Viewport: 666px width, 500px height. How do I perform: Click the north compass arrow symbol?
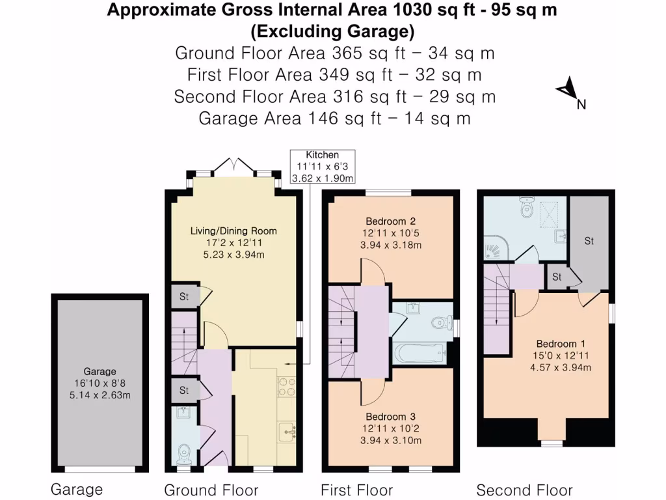[568, 90]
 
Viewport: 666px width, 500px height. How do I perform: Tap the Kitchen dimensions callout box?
[323, 167]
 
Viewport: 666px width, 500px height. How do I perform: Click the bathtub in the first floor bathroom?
[420, 354]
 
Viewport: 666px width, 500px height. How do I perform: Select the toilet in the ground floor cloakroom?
[185, 451]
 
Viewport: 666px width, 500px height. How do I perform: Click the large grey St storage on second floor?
[589, 242]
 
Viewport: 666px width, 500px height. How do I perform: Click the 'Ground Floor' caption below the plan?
[211, 490]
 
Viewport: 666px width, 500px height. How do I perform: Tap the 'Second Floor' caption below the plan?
[524, 490]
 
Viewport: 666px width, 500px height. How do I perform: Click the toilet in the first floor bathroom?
[443, 321]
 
